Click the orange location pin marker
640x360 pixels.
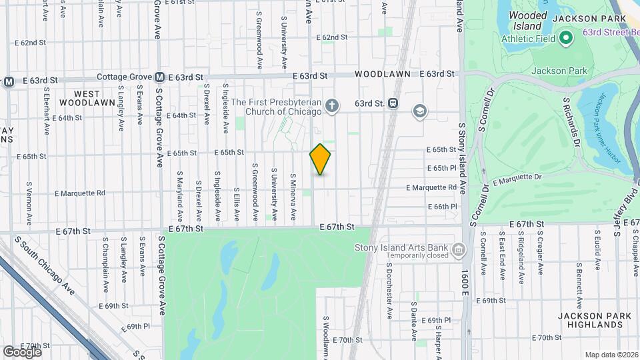click(321, 159)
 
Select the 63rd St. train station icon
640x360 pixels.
click(394, 103)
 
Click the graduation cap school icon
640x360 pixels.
click(420, 110)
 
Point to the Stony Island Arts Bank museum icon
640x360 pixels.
click(458, 251)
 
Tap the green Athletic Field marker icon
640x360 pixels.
click(566, 37)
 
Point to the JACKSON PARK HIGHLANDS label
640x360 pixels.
click(591, 320)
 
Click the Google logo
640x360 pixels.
click(22, 351)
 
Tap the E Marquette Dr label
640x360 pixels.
click(517, 178)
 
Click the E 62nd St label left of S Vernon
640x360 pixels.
click(33, 43)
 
